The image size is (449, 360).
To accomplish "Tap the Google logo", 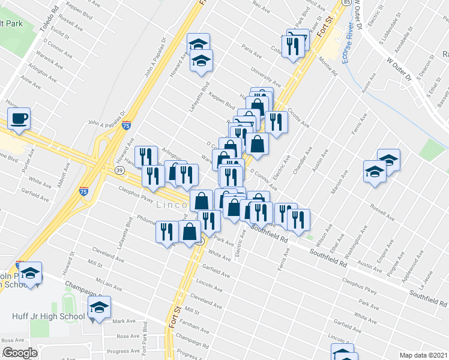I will [20, 353].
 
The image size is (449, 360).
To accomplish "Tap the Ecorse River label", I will [346, 45].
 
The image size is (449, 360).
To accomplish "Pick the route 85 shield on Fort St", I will [346, 2].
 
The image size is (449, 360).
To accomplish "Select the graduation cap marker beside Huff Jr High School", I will [99, 308].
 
